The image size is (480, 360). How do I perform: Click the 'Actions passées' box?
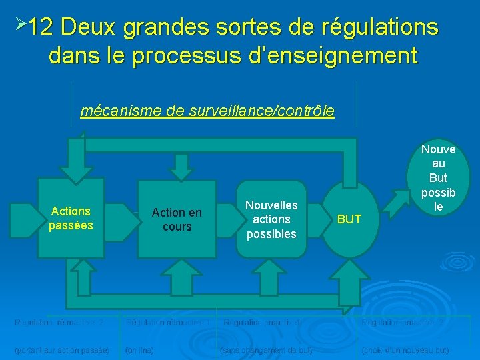(71, 218)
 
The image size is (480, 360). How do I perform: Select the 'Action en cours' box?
(177, 219)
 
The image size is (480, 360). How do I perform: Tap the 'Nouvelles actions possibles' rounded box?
(271, 219)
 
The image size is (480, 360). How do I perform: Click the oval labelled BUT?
(349, 219)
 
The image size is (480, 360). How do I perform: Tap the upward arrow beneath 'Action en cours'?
(177, 275)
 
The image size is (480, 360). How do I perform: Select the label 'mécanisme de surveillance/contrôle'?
(207, 111)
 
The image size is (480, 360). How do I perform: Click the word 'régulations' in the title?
(380, 27)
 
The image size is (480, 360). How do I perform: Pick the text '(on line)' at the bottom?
(139, 349)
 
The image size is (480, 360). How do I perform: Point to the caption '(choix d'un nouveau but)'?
(405, 349)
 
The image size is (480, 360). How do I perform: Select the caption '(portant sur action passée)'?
(62, 349)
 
